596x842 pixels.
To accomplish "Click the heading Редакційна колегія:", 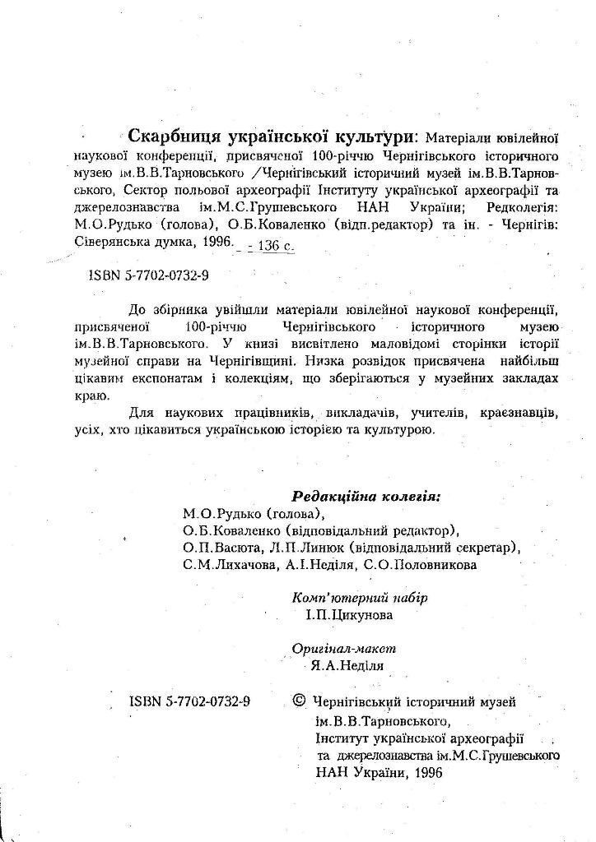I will (366, 497).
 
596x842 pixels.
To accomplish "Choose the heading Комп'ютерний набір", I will (360, 597).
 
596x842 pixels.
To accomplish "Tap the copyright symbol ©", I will (300, 701).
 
